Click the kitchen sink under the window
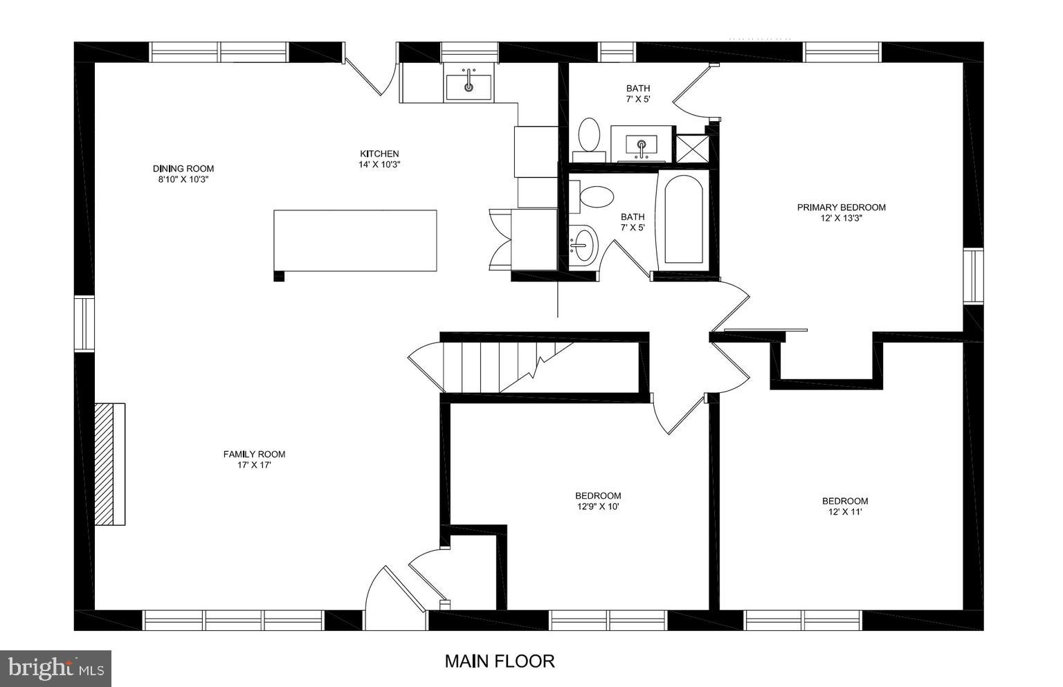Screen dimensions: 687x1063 [x=469, y=86]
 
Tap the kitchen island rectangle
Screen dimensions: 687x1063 [x=356, y=240]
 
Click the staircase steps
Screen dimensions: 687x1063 [x=484, y=367]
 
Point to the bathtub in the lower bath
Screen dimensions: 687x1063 [x=684, y=219]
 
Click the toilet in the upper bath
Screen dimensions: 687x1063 [x=590, y=135]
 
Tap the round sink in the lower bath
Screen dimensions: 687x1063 [x=584, y=244]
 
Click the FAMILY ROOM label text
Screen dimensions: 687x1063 [x=254, y=455]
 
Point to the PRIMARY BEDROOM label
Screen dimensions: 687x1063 [x=841, y=207]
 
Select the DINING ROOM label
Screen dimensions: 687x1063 [x=183, y=168]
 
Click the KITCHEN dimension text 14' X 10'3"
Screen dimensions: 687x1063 [x=379, y=165]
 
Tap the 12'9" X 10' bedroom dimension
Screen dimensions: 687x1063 [x=598, y=506]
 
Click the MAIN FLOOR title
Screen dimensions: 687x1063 [x=499, y=661]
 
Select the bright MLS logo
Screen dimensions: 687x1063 [x=55, y=668]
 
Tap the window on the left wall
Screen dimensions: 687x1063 [x=84, y=323]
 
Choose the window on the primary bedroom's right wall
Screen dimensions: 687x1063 [x=973, y=275]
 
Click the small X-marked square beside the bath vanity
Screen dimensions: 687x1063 [x=691, y=147]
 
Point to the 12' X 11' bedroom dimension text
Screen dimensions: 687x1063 [x=844, y=512]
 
